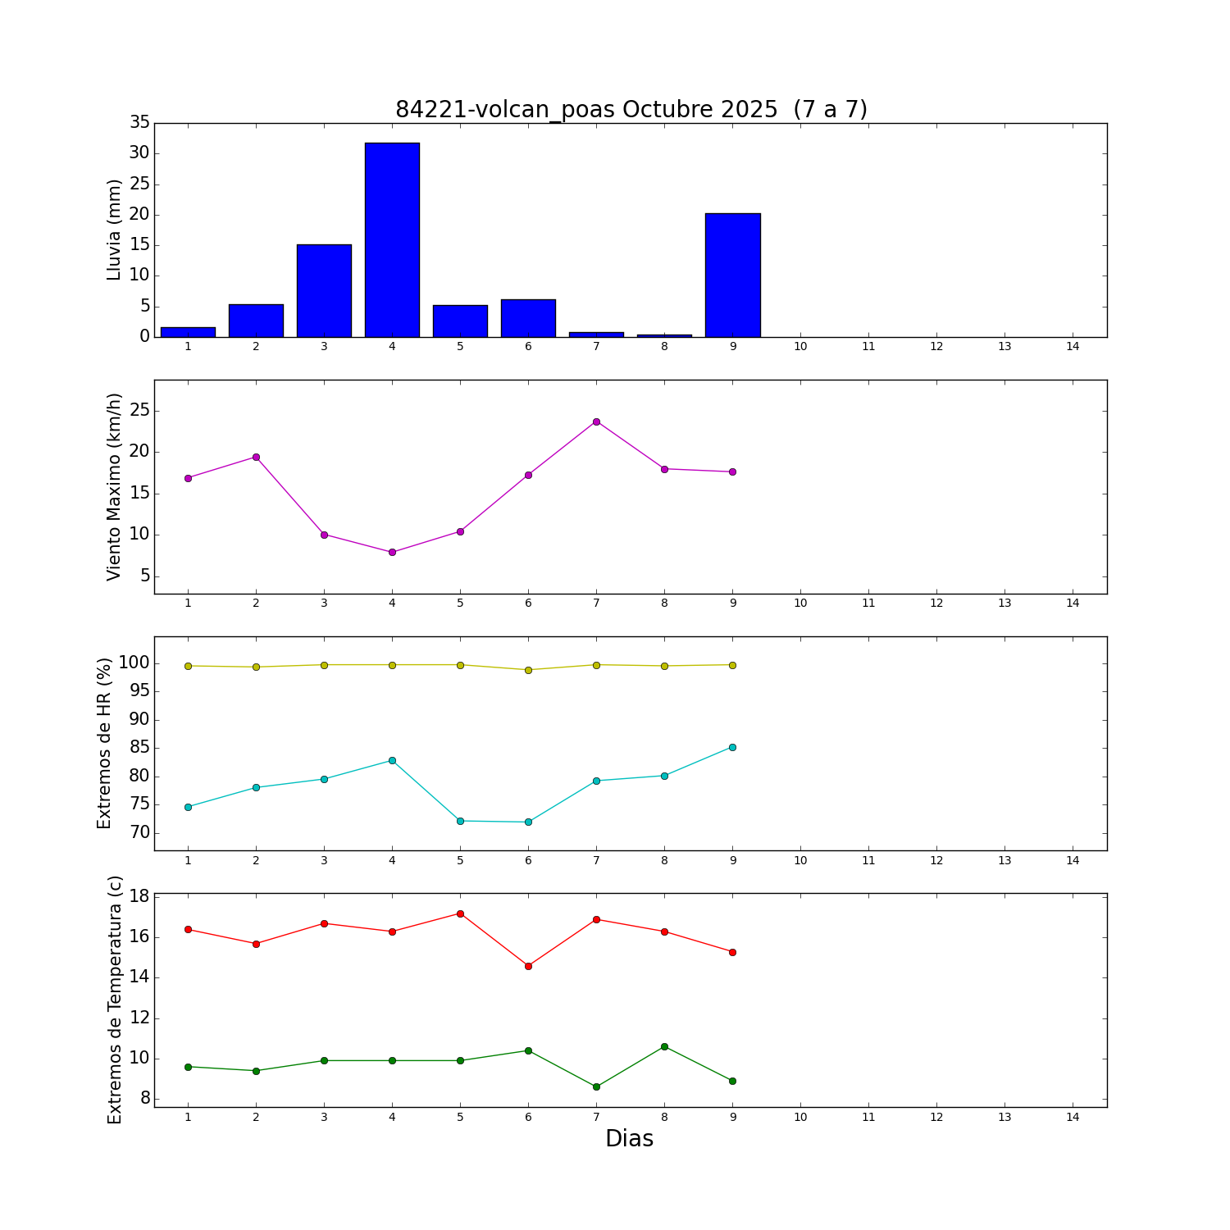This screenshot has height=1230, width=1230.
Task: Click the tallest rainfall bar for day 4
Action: coord(392,239)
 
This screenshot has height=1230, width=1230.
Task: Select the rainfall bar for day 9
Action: coord(732,275)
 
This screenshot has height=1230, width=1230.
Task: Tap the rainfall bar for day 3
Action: coord(324,290)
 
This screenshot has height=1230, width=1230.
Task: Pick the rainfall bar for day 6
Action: coord(528,318)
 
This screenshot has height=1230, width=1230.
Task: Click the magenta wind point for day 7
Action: coord(596,421)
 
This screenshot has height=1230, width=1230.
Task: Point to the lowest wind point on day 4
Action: coord(392,552)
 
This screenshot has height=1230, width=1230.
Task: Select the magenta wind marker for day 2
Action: coord(256,457)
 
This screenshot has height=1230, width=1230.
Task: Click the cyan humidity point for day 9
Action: coord(732,747)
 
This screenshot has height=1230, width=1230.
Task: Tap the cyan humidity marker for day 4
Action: coord(392,760)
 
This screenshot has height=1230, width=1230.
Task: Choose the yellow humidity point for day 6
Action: coord(528,670)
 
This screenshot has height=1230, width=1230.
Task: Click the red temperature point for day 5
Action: coord(460,913)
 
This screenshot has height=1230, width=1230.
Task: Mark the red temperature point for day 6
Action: coord(528,966)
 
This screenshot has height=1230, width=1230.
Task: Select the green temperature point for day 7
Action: coord(596,1086)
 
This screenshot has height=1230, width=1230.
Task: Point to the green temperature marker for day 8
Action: coord(664,1046)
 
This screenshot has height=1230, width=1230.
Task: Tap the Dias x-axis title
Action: coord(629,1139)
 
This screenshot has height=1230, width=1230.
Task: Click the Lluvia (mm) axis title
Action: coord(114,230)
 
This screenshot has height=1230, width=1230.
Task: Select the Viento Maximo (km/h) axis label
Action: coord(114,486)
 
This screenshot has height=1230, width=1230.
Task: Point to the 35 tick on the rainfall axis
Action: coord(139,123)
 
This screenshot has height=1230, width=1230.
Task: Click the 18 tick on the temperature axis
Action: coord(139,896)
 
